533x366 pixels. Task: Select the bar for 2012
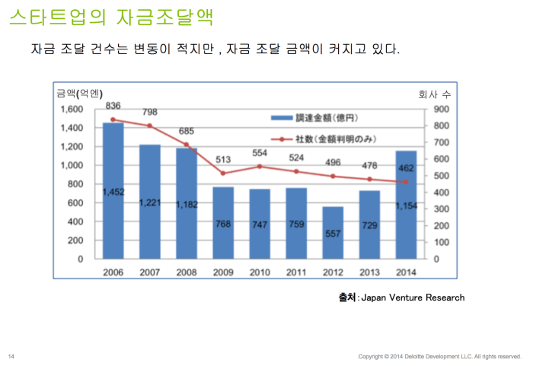point(332,232)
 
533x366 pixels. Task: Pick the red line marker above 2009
point(223,173)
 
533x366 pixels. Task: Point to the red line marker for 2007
point(150,126)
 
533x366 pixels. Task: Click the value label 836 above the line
point(113,105)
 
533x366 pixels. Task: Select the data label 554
point(260,152)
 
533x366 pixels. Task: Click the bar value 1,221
point(150,203)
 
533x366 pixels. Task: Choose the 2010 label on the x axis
point(260,272)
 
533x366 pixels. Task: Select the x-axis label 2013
point(369,272)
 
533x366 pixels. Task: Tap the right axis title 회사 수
point(435,94)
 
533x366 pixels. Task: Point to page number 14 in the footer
point(11,356)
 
